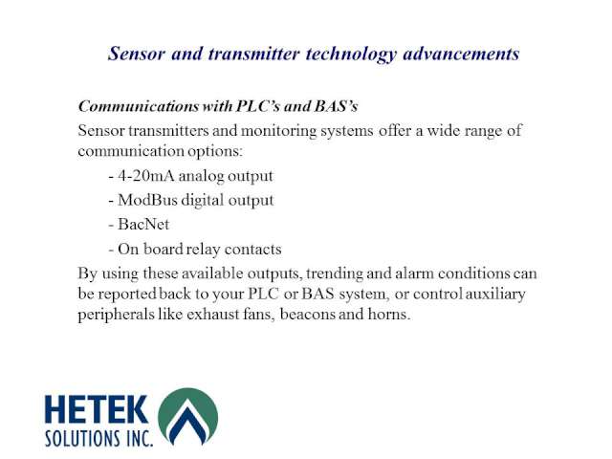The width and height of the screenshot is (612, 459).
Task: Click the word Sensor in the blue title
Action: coord(136,54)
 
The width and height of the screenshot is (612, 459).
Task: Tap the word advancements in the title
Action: coord(461,54)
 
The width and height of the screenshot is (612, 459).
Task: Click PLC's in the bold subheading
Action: coord(258,106)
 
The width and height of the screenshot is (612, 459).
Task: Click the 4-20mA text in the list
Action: coord(146,176)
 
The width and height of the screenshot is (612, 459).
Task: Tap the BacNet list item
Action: coord(143,225)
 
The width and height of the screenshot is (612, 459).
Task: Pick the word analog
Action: coord(201,177)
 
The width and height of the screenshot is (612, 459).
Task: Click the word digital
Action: coord(203,201)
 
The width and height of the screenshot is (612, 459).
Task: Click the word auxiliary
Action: coord(495,295)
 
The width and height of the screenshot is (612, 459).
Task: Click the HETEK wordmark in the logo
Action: coord(97,409)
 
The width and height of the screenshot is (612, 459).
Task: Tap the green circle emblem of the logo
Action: coord(188,416)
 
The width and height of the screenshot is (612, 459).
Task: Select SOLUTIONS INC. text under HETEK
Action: coord(98,439)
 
